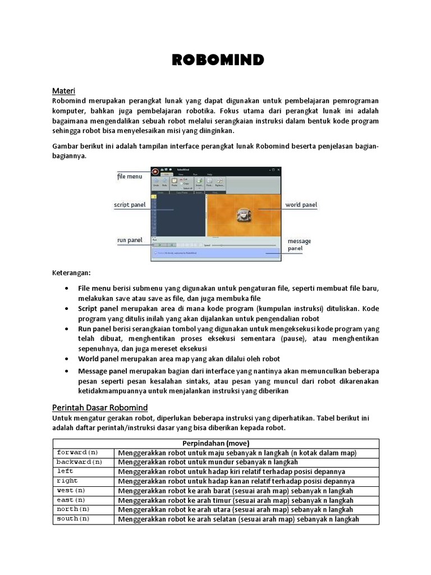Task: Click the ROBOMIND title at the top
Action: click(x=215, y=60)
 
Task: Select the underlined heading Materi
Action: click(x=63, y=90)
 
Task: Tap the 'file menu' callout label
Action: click(x=130, y=176)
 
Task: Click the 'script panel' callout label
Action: click(x=130, y=205)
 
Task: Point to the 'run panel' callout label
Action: click(x=130, y=240)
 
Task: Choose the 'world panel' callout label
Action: click(x=301, y=205)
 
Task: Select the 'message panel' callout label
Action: click(x=299, y=244)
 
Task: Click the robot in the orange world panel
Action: click(x=242, y=214)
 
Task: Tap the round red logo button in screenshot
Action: click(x=154, y=171)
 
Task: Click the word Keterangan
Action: click(x=71, y=273)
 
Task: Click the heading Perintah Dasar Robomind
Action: click(x=100, y=407)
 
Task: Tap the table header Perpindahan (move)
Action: click(x=215, y=443)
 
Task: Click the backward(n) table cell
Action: click(x=79, y=462)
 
